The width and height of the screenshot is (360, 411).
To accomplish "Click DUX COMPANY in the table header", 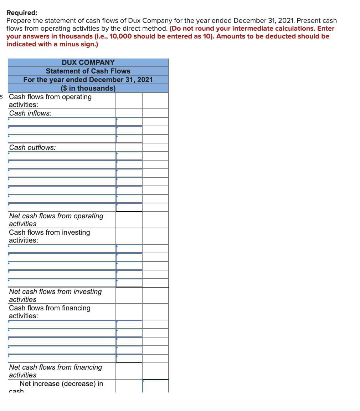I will click(x=88, y=62).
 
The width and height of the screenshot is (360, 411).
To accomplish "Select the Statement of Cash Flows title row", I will click(x=88, y=71).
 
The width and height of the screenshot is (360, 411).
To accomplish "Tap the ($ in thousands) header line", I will click(x=88, y=88).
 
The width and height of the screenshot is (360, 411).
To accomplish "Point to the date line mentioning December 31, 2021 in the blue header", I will click(x=88, y=80).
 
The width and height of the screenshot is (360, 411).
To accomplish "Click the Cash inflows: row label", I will click(x=30, y=113).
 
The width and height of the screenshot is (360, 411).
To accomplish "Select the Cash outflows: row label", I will click(x=32, y=147).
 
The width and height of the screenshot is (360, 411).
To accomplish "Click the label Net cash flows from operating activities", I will click(x=56, y=220).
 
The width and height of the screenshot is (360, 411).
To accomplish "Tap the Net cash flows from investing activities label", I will click(x=55, y=295).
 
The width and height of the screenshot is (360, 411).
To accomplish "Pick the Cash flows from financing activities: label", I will click(x=50, y=312).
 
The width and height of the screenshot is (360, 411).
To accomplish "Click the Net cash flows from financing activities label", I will click(x=55, y=371).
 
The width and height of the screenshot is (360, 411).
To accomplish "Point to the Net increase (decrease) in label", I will click(x=61, y=384).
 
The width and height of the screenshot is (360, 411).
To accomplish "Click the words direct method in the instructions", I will click(x=147, y=29).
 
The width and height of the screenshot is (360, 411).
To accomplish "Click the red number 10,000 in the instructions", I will click(x=122, y=36).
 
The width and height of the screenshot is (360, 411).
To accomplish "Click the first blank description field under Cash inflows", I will click(x=62, y=122).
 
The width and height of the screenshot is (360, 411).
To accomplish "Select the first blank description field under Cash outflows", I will click(x=62, y=156).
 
